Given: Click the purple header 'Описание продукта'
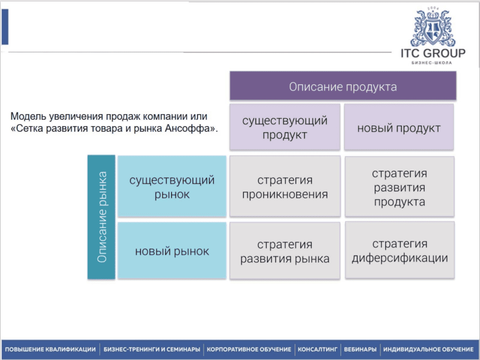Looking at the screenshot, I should coord(343,86).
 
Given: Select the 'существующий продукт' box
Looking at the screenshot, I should coord(285,128).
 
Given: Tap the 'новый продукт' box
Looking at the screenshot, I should coord(399,128).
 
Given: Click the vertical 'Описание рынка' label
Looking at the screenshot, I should coord(102,217).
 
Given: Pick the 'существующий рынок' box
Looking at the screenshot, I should coord(172,187).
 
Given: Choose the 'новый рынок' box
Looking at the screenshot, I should coord(172,251).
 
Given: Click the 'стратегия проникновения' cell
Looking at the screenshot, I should coord(285,187).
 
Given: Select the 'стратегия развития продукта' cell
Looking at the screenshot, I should coord(399,187).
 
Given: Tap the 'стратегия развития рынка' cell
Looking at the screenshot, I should coord(285,251).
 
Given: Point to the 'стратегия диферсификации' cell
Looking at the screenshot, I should coord(399,251).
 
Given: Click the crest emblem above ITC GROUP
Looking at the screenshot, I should coord(433,27).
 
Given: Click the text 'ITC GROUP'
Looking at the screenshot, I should coord(433,53).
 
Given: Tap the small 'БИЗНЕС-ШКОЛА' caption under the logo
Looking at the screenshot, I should coord(433,63).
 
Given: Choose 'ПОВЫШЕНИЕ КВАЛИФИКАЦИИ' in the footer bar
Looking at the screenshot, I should coord(50,350).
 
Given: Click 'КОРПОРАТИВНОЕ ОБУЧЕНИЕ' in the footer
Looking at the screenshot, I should coord(248,350).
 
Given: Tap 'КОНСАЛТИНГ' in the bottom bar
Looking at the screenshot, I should coord(318,350).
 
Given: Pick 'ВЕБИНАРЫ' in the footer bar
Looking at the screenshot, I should coord(360,350).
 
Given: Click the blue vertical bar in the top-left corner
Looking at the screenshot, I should coord(4,27).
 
